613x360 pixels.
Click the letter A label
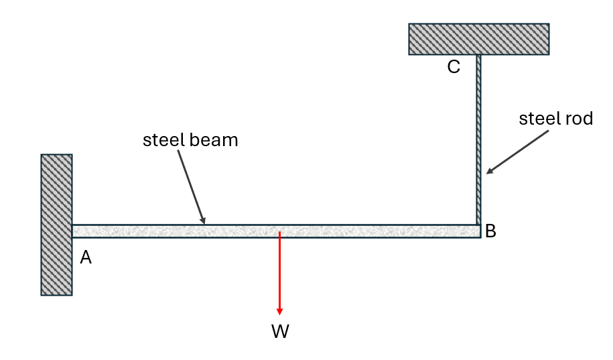pos(86,257)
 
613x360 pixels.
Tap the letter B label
pos(490,231)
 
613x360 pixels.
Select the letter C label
pos(454,67)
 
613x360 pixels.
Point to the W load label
pos(280,331)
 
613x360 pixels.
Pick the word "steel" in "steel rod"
pos(537,118)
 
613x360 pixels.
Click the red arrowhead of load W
pos(279,312)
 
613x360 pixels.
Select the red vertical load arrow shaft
pos(279,270)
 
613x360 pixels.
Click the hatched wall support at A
pos(57,225)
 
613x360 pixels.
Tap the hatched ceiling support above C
pos(479,39)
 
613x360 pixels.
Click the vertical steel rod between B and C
pos(478,139)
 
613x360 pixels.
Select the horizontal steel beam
pos(277,231)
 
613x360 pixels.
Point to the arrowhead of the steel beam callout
pos(203,222)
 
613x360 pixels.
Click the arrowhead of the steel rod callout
pos(488,172)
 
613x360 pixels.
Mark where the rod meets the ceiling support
pos(478,55)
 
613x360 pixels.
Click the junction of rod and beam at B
pos(478,225)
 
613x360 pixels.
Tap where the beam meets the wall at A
pos(72,231)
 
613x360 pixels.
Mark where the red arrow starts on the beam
pos(279,232)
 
